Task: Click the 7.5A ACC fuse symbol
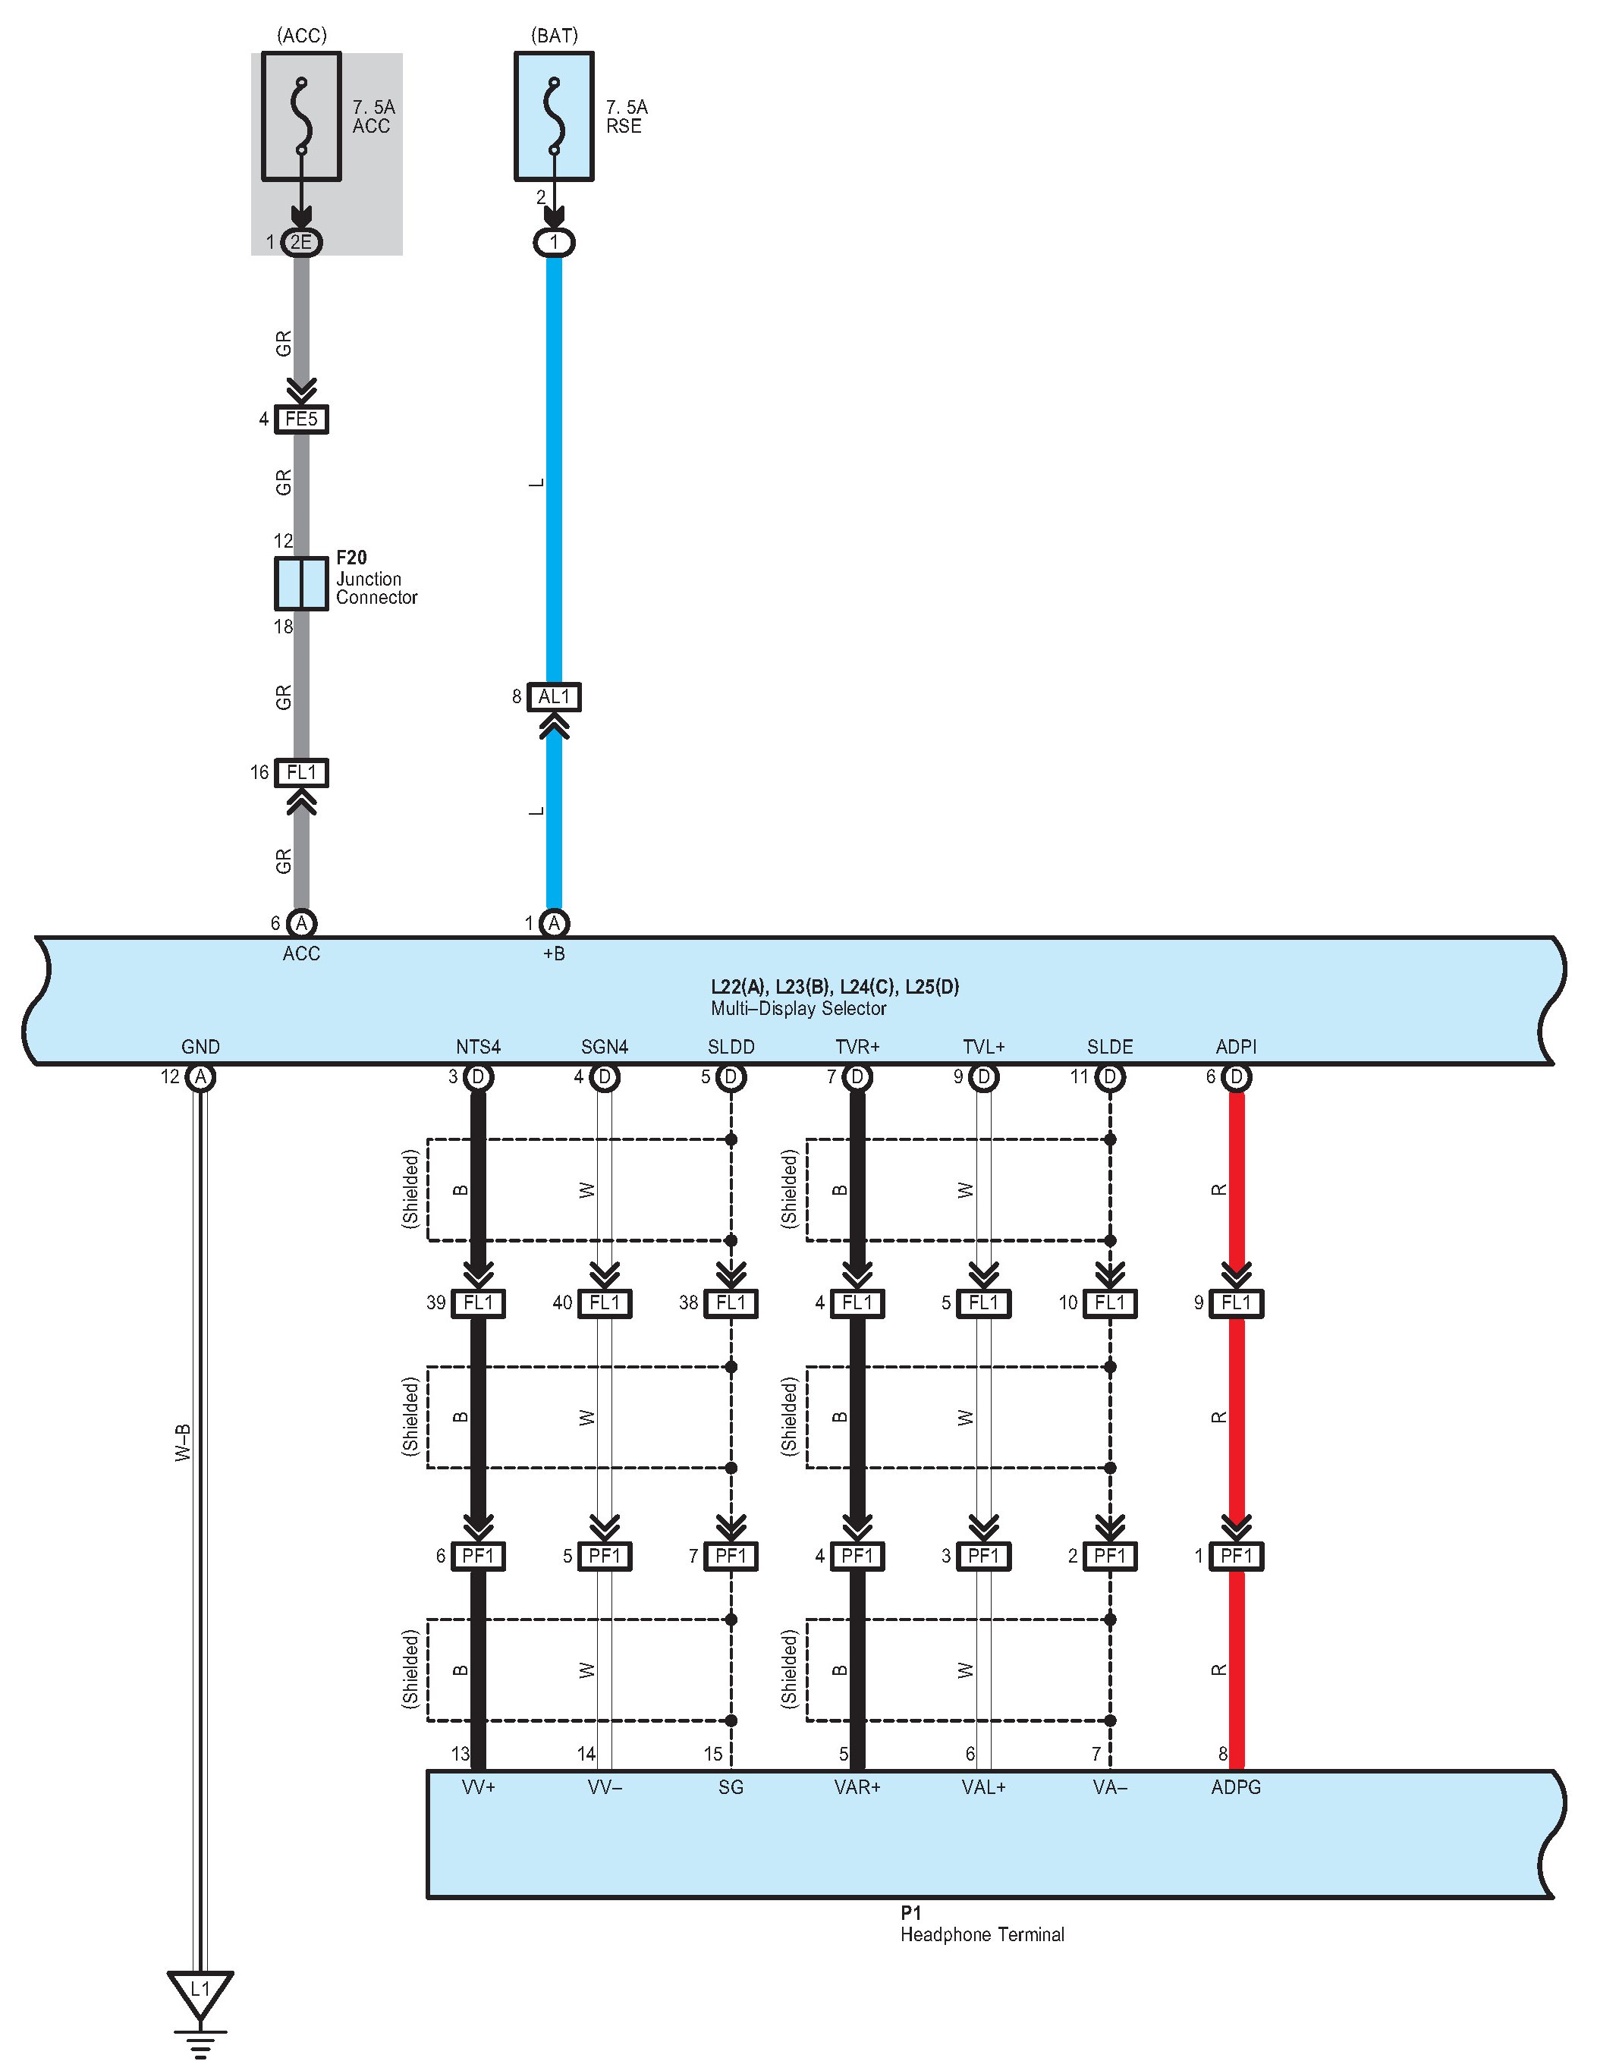pyautogui.click(x=301, y=116)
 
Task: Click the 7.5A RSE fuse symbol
pyautogui.click(x=554, y=116)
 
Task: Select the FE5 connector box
pyautogui.click(x=301, y=419)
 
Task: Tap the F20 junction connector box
pyautogui.click(x=301, y=583)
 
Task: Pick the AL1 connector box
pyautogui.click(x=554, y=697)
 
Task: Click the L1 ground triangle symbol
pyautogui.click(x=200, y=1990)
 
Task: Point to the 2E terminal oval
pyautogui.click(x=301, y=243)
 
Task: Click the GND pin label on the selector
pyautogui.click(x=200, y=1047)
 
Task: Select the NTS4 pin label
pyautogui.click(x=478, y=1047)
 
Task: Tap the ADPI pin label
pyautogui.click(x=1236, y=1047)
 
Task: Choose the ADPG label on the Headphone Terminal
pyautogui.click(x=1236, y=1786)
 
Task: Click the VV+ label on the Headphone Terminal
pyautogui.click(x=479, y=1786)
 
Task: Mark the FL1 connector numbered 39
pyautogui.click(x=479, y=1303)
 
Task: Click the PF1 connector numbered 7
pyautogui.click(x=731, y=1556)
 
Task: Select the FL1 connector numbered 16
pyautogui.click(x=301, y=773)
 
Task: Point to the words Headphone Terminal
pyautogui.click(x=982, y=1934)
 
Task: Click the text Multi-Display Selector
pyautogui.click(x=798, y=1008)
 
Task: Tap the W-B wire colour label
pyautogui.click(x=183, y=1444)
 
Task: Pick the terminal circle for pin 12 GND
pyautogui.click(x=200, y=1076)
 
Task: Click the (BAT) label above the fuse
pyautogui.click(x=554, y=36)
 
